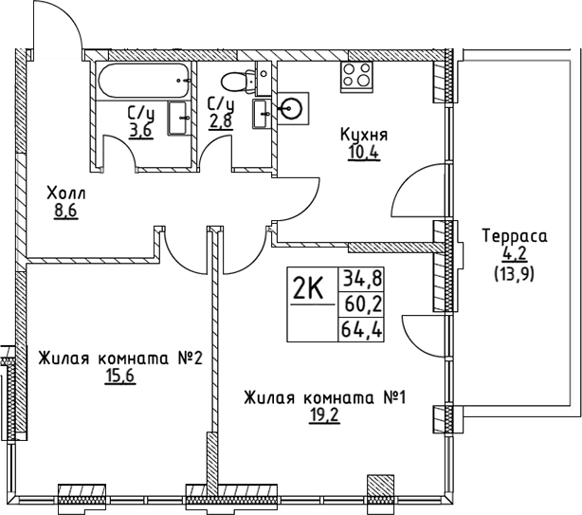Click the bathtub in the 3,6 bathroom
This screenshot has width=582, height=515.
point(143,81)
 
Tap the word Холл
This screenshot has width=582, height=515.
point(64,194)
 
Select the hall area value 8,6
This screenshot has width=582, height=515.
point(64,212)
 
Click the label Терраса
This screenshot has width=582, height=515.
point(511,236)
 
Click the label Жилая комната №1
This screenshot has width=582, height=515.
point(324,397)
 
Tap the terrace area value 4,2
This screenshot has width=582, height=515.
point(511,253)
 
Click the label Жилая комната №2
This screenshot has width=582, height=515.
point(121,359)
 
